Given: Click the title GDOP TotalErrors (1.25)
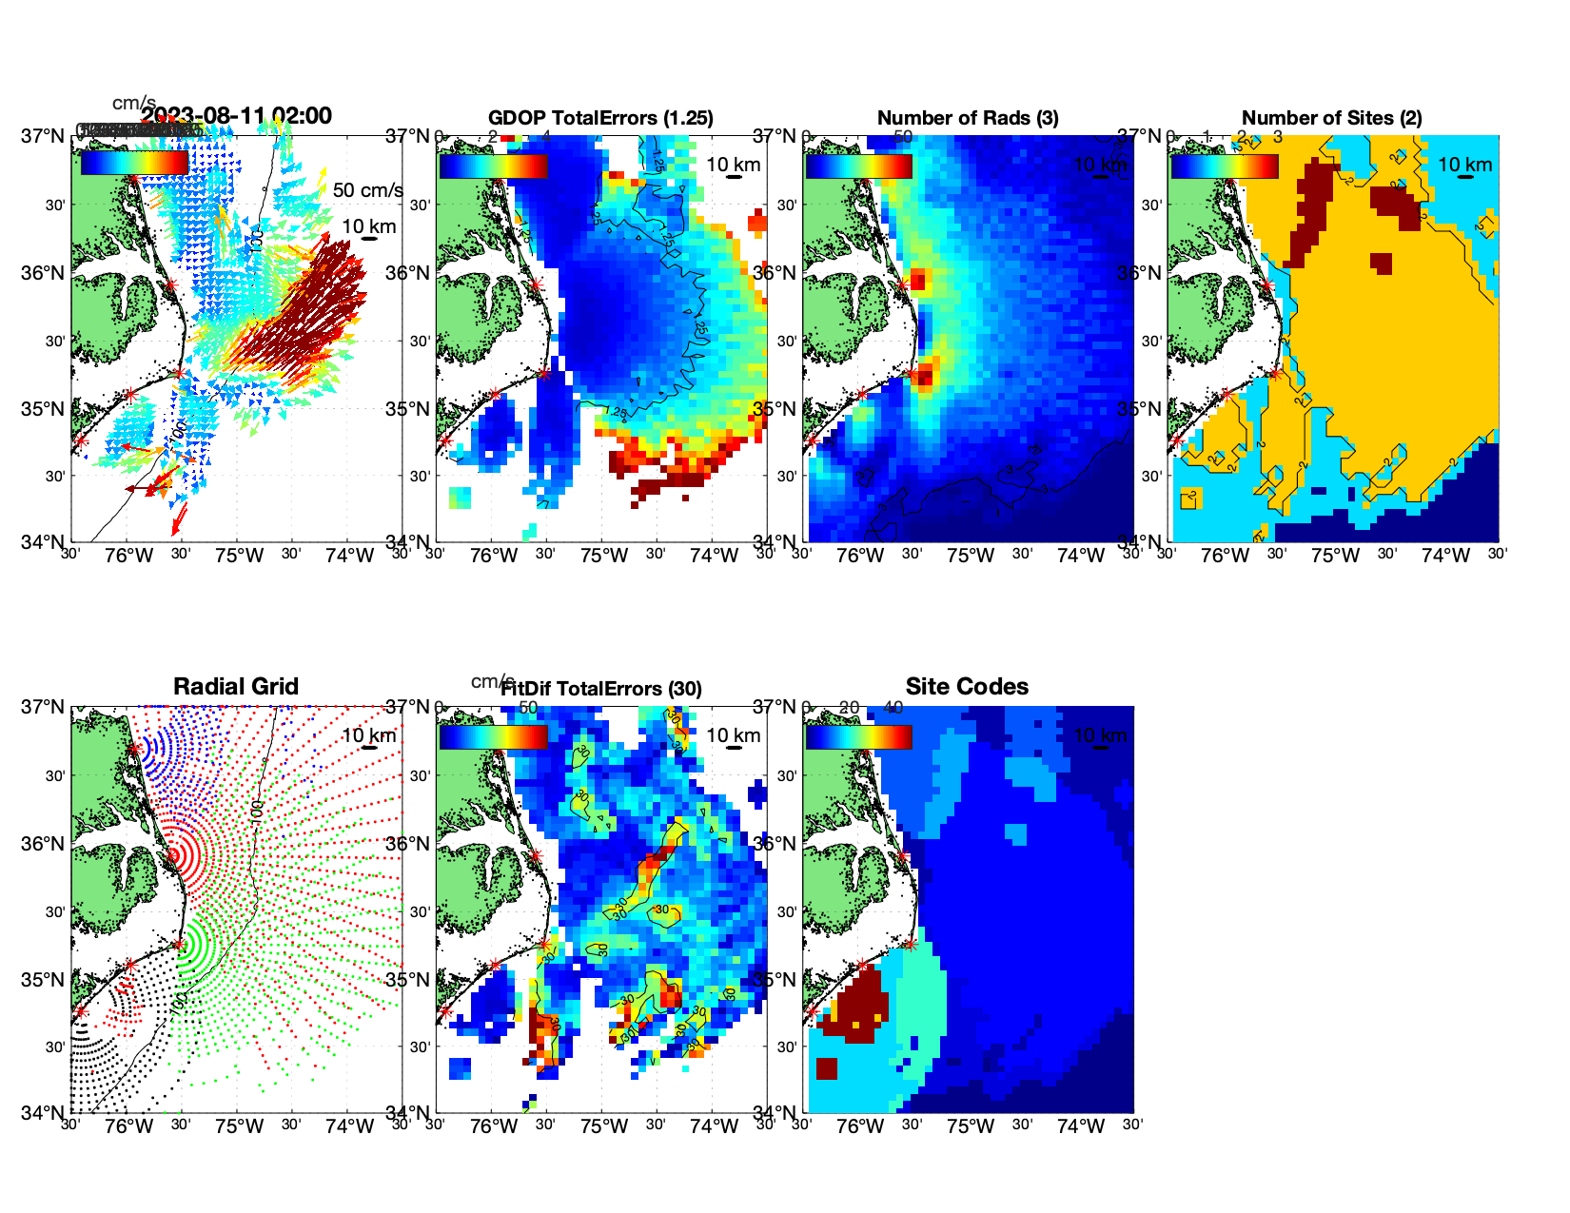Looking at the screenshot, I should [600, 118].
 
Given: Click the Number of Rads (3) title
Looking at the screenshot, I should [967, 118].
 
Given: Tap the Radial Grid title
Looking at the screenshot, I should [236, 687].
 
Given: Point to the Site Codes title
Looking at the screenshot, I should [967, 687].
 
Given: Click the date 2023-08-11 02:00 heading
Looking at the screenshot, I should [237, 116].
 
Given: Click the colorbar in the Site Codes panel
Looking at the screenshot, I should [858, 737].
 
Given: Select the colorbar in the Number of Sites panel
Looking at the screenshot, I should [1225, 166].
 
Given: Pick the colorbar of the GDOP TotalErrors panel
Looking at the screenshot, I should [493, 166].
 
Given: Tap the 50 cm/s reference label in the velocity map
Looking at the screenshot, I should [367, 190].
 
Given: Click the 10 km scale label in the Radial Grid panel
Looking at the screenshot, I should [369, 735].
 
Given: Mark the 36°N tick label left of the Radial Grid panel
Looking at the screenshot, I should [43, 844].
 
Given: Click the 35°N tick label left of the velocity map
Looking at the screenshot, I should [43, 410].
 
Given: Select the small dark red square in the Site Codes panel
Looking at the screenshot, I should [826, 1068].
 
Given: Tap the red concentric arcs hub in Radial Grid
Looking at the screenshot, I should [174, 855].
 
